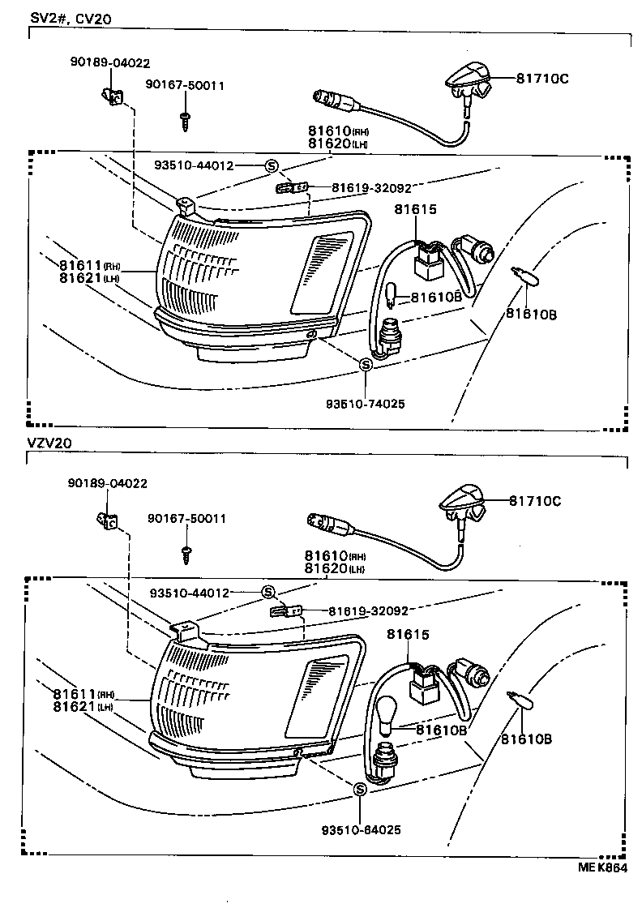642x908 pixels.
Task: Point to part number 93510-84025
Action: pyautogui.click(x=361, y=829)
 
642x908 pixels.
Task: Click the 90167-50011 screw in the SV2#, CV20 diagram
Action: pyautogui.click(x=185, y=120)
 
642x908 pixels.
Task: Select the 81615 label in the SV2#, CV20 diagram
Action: pyautogui.click(x=416, y=209)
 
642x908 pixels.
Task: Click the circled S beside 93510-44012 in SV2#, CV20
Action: pyautogui.click(x=271, y=165)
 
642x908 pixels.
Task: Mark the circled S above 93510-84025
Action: pyautogui.click(x=360, y=788)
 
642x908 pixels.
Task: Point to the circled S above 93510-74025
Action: pyautogui.click(x=365, y=365)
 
